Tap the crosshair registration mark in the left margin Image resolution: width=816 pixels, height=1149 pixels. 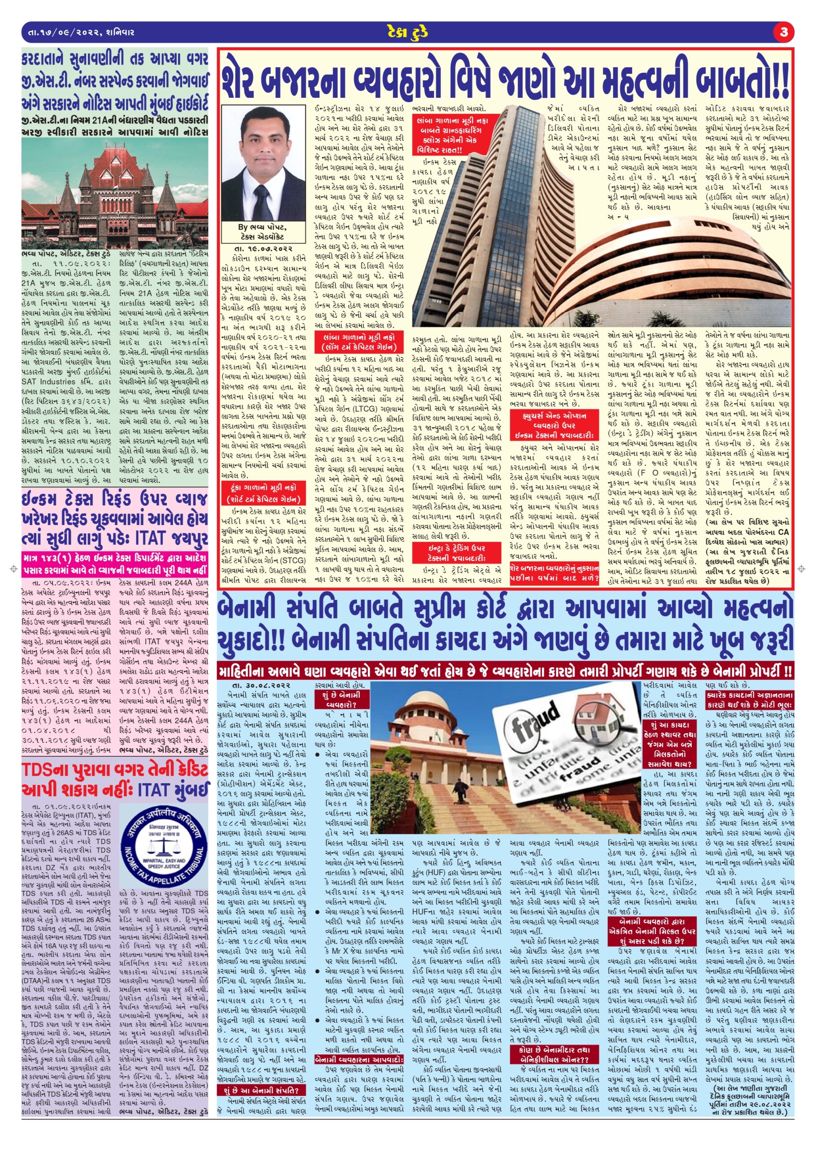[12, 569]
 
